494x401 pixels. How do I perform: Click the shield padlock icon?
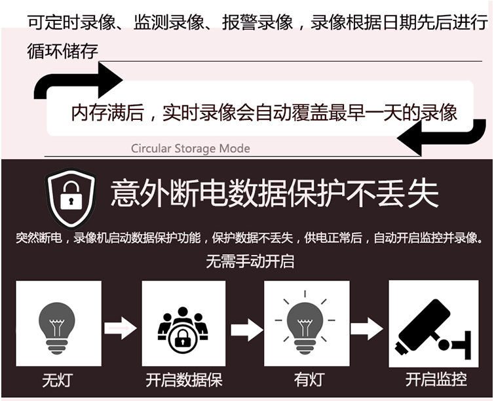71,197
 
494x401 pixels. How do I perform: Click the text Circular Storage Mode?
190,149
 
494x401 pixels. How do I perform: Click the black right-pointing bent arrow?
79,83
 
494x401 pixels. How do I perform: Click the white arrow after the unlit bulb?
121,327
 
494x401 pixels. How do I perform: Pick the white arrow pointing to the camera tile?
366,327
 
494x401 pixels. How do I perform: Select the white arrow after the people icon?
246,327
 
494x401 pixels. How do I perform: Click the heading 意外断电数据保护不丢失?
275,194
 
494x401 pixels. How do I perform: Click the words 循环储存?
62,52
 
